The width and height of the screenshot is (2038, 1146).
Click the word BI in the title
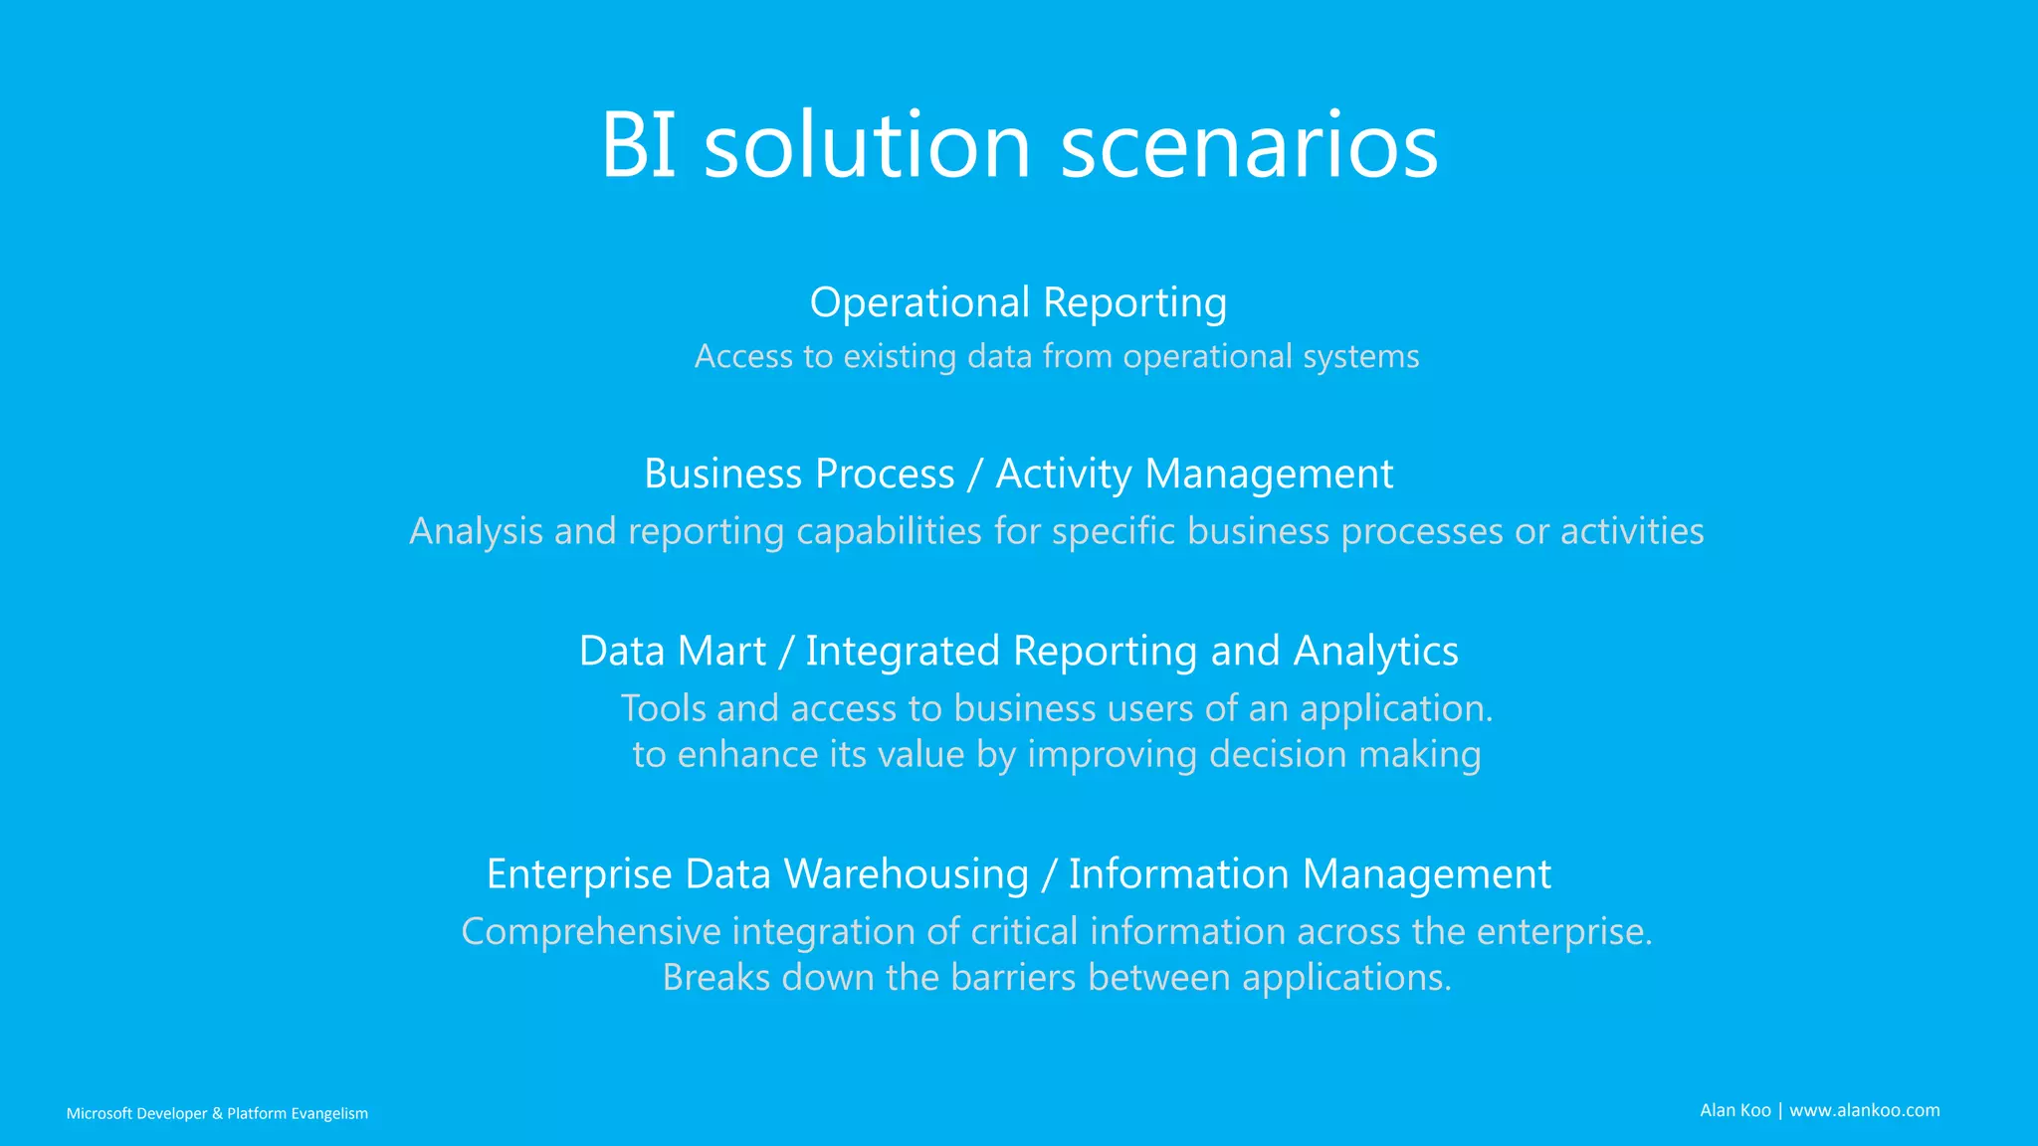[x=639, y=145]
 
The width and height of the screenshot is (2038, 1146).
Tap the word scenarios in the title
[x=1249, y=145]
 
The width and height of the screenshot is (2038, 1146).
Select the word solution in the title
[x=867, y=145]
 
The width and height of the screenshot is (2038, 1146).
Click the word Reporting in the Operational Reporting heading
[x=1134, y=302]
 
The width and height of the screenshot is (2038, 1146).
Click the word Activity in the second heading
[x=1064, y=474]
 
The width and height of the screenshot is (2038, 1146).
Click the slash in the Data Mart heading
[x=786, y=651]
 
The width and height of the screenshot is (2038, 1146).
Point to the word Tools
[x=664, y=708]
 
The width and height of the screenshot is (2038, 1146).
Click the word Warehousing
[x=906, y=873]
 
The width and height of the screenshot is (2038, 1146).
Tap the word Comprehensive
[x=590, y=931]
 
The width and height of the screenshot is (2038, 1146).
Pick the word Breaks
[x=716, y=977]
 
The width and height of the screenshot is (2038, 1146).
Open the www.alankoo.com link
[x=1864, y=1110]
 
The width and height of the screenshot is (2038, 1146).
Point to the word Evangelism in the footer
[x=329, y=1113]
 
